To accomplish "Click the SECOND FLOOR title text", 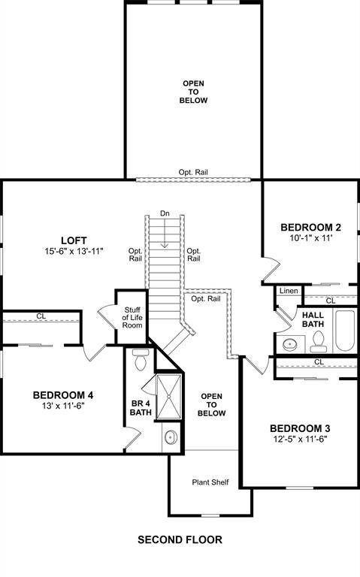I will (x=180, y=539).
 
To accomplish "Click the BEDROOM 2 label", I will (x=311, y=228).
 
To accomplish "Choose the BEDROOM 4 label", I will (x=63, y=395).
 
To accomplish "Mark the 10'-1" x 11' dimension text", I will (x=311, y=238).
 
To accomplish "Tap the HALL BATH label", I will (x=313, y=319).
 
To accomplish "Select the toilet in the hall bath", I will (x=318, y=342).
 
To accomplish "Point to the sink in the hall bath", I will (x=289, y=345).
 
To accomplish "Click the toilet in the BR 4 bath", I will (x=139, y=361).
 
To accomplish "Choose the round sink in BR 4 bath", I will (x=169, y=437).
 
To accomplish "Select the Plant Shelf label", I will (x=210, y=482).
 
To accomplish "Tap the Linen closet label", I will (x=288, y=291).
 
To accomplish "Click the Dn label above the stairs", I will (x=165, y=213).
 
